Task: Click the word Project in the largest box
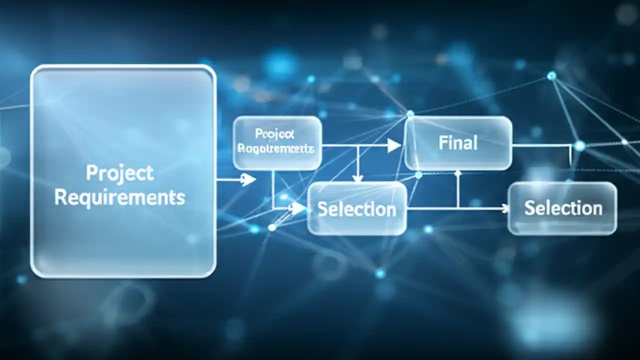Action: click(119, 173)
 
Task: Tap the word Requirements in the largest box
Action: click(119, 197)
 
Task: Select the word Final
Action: click(457, 143)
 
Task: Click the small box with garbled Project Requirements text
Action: click(277, 142)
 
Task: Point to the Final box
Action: click(458, 143)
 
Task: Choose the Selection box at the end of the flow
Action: click(562, 208)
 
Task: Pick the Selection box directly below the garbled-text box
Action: click(357, 208)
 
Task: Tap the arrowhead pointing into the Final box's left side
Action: click(394, 145)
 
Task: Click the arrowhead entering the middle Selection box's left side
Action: click(299, 208)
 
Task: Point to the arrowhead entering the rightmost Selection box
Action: click(504, 208)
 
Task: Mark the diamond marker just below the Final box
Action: click(457, 173)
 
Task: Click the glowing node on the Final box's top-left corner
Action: click(410, 114)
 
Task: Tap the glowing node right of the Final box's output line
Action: click(579, 146)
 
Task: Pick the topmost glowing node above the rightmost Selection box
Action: click(551, 76)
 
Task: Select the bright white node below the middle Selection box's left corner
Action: click(272, 227)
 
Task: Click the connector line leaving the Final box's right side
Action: click(540, 145)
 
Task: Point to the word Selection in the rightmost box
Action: click(563, 208)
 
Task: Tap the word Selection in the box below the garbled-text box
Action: click(357, 209)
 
